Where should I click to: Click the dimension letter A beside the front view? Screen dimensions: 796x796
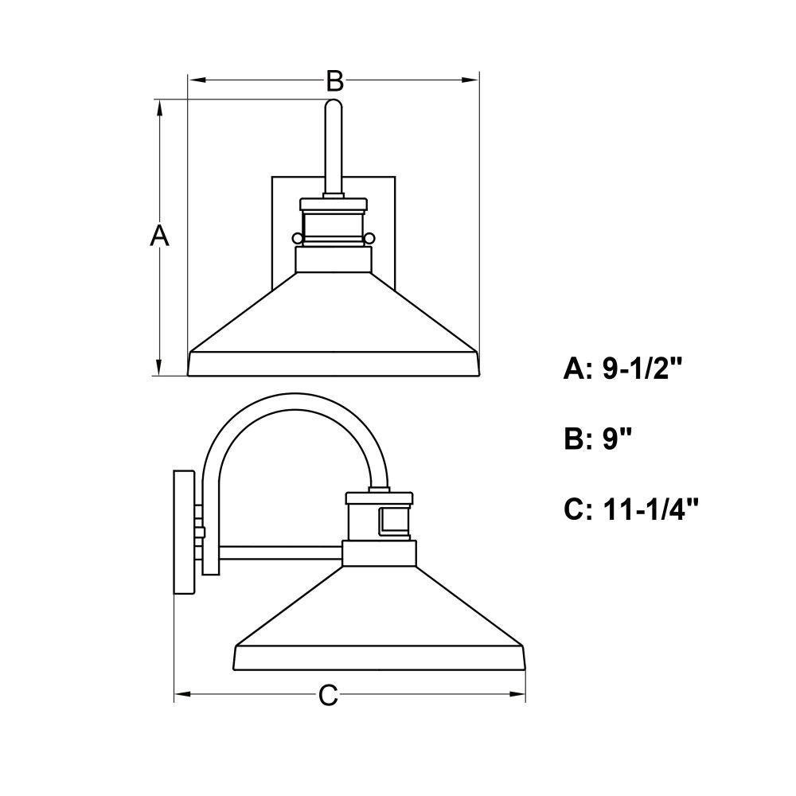tap(159, 235)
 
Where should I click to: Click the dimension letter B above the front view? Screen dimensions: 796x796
tap(334, 80)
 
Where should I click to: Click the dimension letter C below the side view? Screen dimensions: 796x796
tap(329, 695)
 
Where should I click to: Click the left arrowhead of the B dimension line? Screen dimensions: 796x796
tap(197, 80)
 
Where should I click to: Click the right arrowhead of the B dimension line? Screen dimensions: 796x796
tap(470, 80)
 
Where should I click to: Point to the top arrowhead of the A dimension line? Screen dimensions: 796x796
tap(159, 108)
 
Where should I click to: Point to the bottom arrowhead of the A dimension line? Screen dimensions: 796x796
tap(159, 367)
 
